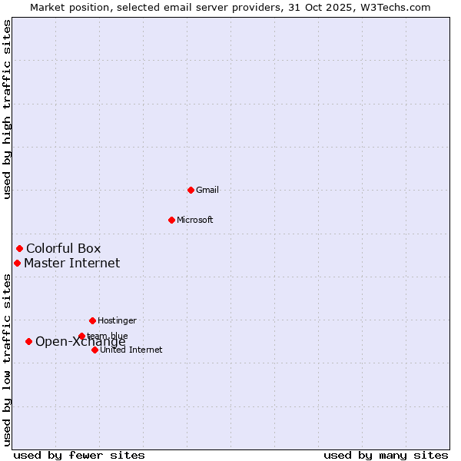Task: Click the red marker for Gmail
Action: point(191,190)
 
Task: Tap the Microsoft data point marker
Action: point(171,220)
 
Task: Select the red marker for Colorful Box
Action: point(19,248)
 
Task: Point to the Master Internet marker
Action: point(17,263)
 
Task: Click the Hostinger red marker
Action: point(92,320)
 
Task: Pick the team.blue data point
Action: point(81,336)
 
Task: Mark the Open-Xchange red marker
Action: point(28,341)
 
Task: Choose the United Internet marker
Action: point(95,350)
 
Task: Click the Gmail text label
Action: point(207,191)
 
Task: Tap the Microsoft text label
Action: point(194,221)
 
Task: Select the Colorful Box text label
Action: point(63,248)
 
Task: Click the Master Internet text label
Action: point(71,263)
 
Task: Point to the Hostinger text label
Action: point(117,320)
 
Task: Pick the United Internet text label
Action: point(131,350)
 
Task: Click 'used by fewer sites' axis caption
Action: point(79,455)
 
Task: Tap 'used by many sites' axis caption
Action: point(386,455)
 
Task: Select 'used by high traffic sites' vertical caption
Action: point(7,109)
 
